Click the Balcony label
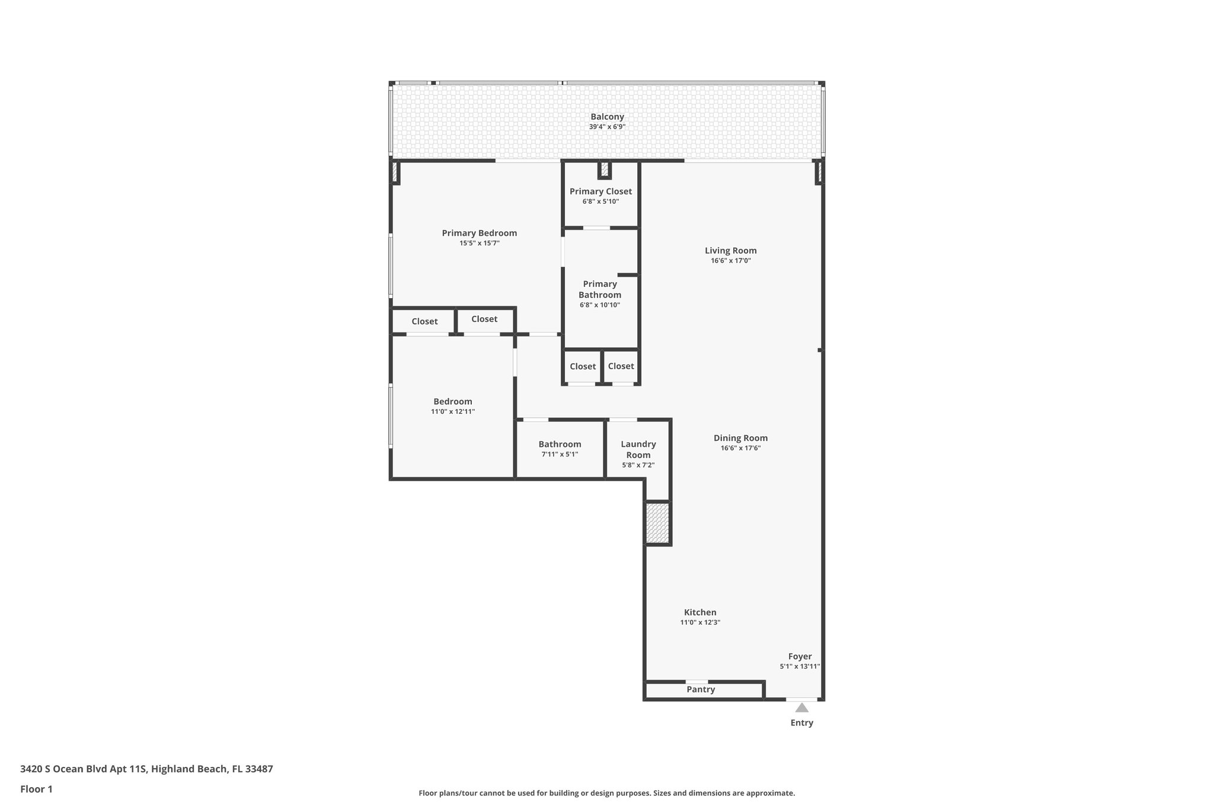[x=607, y=117]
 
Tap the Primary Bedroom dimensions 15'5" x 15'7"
[x=479, y=243]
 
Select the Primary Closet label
[x=600, y=191]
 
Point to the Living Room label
[x=730, y=251]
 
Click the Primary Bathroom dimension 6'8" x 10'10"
[x=600, y=305]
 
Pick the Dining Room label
[x=740, y=438]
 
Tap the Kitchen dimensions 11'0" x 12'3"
[x=700, y=622]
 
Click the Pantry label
[x=701, y=689]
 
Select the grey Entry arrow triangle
[x=801, y=708]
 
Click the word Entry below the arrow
[x=801, y=722]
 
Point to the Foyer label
[x=800, y=656]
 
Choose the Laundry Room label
[x=638, y=449]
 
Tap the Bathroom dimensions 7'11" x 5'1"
[x=560, y=455]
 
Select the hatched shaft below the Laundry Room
[x=657, y=523]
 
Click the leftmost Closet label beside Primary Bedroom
[x=424, y=321]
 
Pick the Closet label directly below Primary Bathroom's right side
[x=621, y=366]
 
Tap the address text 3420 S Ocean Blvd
[x=83, y=769]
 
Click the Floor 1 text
[x=36, y=789]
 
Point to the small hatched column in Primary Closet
[x=604, y=170]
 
